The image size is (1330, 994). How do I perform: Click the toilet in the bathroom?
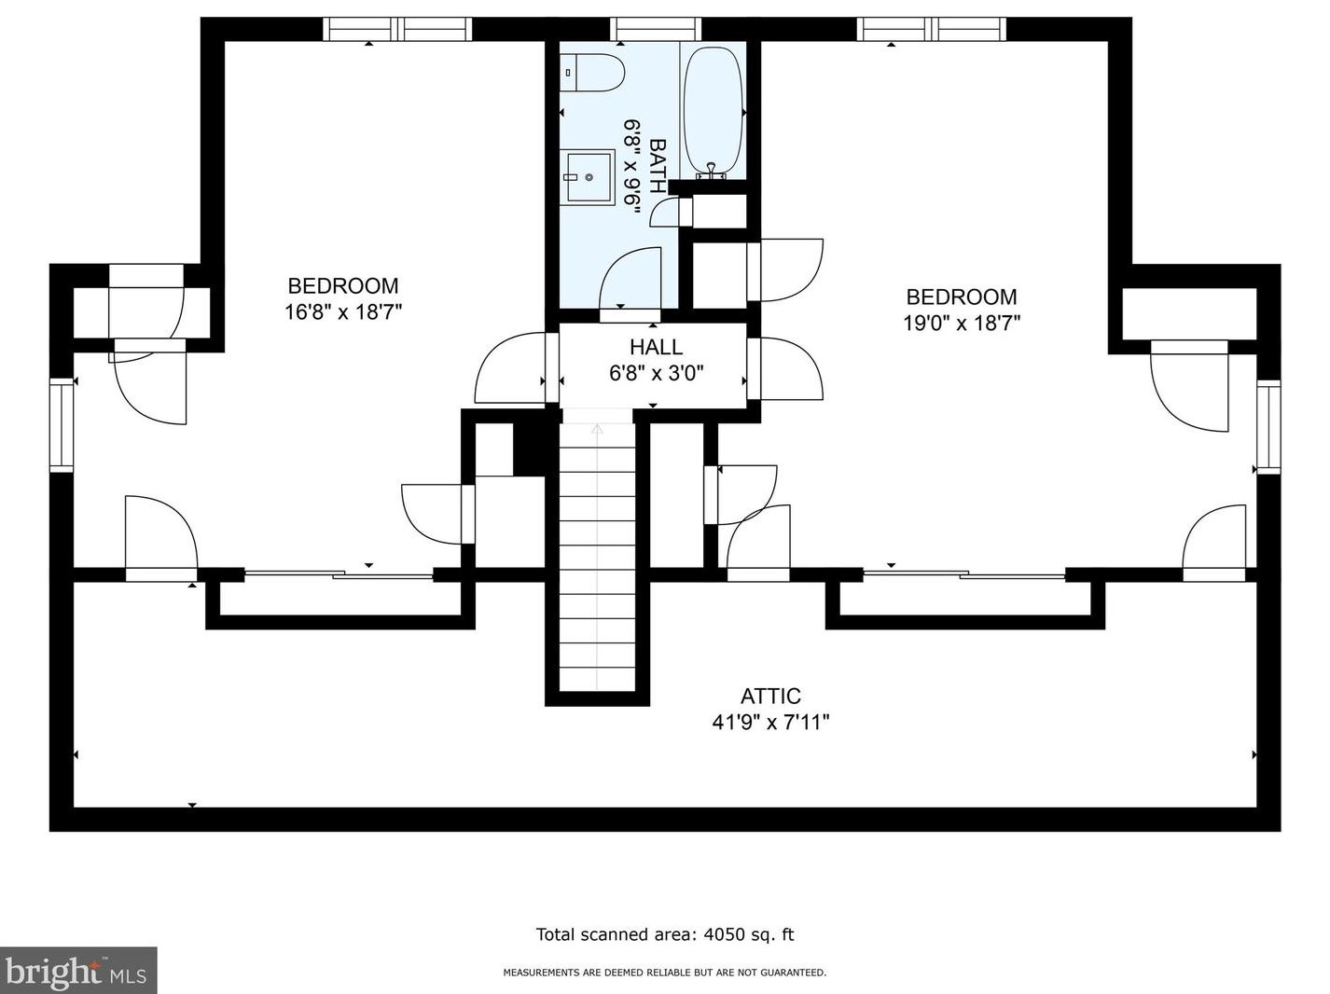593,73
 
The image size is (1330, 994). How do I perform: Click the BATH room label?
658,166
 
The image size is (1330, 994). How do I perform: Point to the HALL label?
656,348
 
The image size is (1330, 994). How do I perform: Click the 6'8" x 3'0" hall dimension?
656,374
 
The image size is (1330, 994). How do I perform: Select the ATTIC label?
770,697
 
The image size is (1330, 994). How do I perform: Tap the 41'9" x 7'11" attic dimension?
770,722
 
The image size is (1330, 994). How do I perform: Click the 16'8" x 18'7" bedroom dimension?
342,312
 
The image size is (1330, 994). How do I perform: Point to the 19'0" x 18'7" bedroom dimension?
962,324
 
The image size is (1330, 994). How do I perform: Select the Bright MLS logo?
78,971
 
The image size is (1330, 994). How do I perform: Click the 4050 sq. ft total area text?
664,934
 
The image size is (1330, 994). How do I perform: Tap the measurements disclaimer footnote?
664,973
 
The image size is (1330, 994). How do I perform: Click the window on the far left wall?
62,425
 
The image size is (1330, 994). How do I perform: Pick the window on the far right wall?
1268,428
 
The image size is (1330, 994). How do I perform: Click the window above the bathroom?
656,30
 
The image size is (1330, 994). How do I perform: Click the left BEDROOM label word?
342,286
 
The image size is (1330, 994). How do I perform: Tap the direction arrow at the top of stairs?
597,430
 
